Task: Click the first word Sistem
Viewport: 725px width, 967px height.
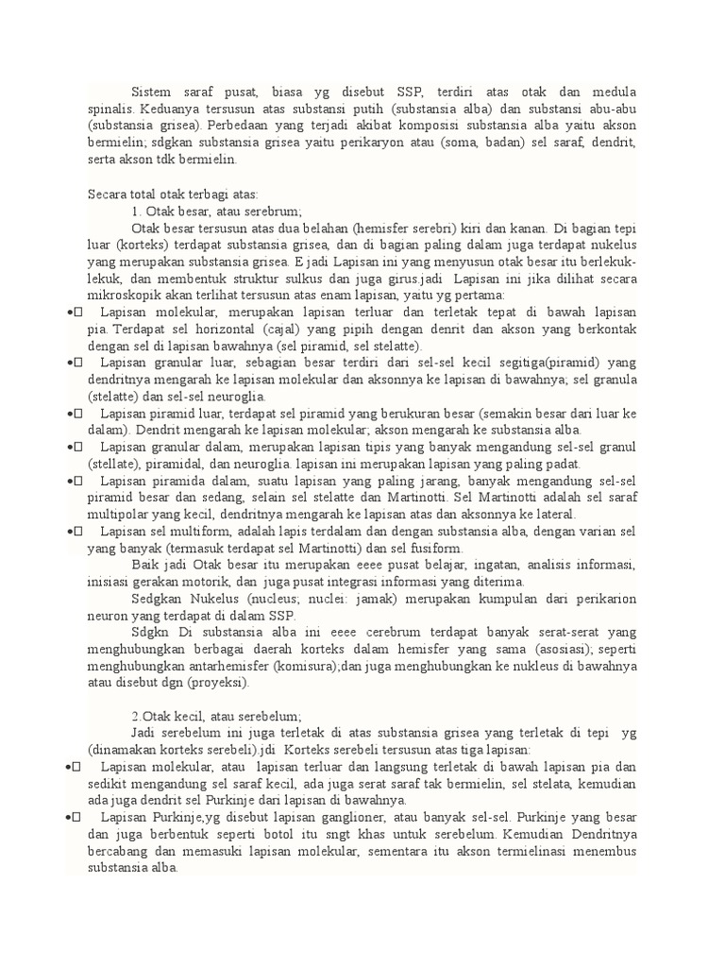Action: [151, 92]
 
